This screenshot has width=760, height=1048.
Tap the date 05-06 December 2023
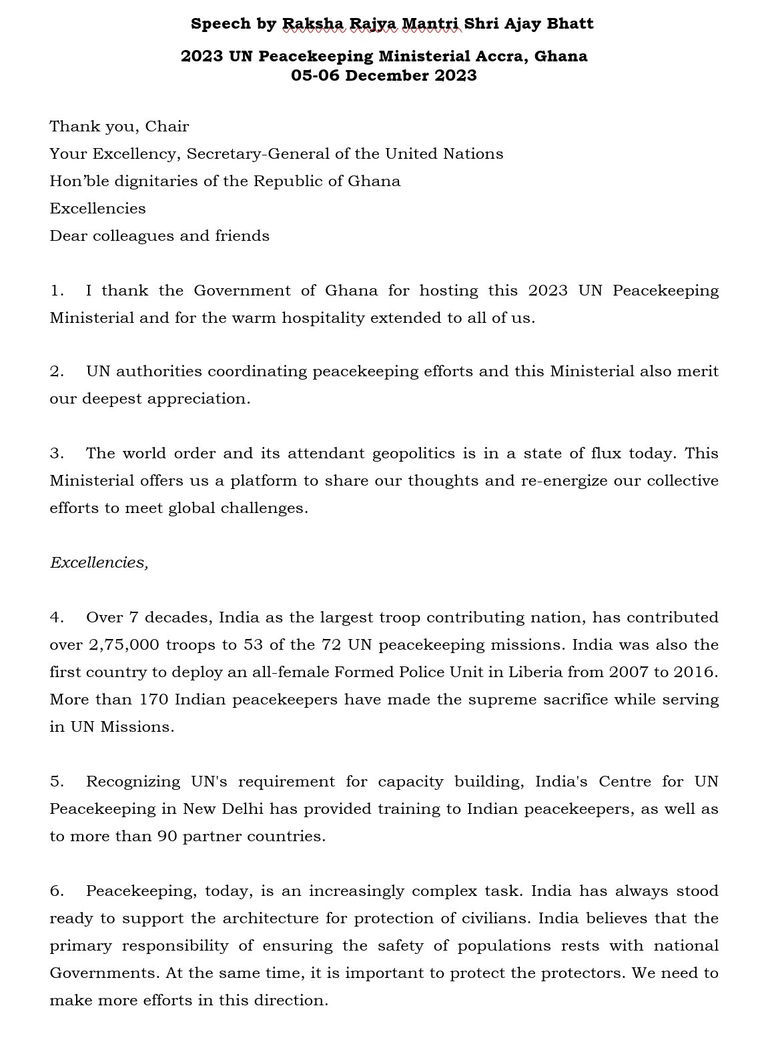[384, 75]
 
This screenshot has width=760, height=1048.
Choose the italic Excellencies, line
[99, 563]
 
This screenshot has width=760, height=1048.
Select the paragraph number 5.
[56, 781]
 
